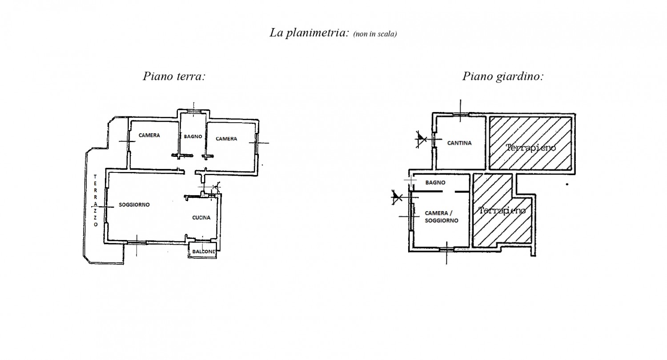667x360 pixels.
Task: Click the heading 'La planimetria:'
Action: point(309,33)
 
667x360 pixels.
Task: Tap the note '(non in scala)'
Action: point(375,34)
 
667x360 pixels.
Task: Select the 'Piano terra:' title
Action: point(174,76)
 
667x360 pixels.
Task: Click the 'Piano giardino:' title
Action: point(503,76)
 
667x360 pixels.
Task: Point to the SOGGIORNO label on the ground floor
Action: point(134,205)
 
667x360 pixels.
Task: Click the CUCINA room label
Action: point(201,218)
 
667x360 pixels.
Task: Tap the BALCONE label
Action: point(204,252)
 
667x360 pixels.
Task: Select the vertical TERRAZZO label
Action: point(95,200)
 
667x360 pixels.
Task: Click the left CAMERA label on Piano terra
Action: point(149,136)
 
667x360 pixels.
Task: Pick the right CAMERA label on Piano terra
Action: point(226,139)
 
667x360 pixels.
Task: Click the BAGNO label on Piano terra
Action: point(193,136)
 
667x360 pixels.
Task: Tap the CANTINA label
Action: point(459,143)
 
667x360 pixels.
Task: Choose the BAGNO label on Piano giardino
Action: point(435,183)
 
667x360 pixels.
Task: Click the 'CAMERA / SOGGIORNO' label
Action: point(441,217)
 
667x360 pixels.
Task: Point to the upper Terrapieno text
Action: point(530,147)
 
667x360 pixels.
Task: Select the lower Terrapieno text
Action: point(502,210)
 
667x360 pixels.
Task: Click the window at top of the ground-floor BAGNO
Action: point(194,111)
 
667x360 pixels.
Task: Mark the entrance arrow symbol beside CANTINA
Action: point(421,139)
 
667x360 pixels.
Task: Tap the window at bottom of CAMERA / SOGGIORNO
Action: point(446,249)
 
